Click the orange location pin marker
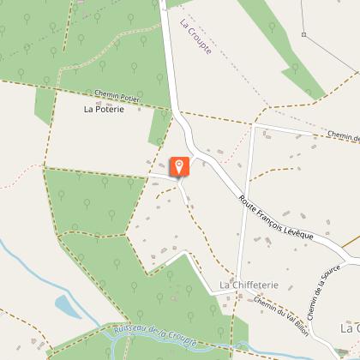pos(180,166)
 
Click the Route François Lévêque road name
pos(276,218)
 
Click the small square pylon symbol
pos(303,34)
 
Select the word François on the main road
pos(270,214)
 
